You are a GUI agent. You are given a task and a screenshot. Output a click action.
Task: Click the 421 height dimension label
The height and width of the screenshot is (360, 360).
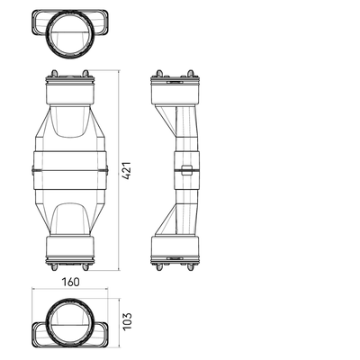coord(127,170)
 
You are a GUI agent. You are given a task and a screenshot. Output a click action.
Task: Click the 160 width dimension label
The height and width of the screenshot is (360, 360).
coord(71,282)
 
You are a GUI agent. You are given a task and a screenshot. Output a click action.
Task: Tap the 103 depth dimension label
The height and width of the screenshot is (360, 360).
coord(127,321)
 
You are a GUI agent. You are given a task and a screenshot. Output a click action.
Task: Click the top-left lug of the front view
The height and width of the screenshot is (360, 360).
coord(54,73)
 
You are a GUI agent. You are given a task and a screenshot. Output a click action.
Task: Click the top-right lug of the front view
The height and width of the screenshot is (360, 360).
coord(85,73)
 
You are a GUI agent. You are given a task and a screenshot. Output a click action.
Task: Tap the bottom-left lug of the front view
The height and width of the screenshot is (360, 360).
coord(54,267)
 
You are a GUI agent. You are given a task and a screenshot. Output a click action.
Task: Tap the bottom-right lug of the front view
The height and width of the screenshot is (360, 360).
coord(85,267)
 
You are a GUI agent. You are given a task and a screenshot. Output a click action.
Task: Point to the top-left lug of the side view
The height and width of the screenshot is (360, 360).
coord(159,73)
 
